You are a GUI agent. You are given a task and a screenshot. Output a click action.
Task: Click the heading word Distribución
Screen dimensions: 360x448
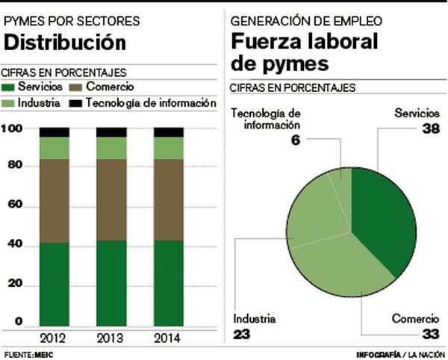tap(63, 43)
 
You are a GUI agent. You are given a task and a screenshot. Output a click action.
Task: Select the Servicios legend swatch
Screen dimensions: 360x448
tap(10, 88)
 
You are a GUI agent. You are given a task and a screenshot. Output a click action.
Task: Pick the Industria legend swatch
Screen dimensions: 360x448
tap(10, 102)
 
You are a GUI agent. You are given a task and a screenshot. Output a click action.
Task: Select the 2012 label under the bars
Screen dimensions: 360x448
tap(54, 337)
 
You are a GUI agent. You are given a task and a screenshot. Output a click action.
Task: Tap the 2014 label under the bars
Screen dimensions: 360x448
tap(168, 337)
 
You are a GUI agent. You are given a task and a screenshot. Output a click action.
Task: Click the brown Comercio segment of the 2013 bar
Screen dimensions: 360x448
tap(111, 199)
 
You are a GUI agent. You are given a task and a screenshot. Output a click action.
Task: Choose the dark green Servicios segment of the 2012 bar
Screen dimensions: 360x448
tap(54, 284)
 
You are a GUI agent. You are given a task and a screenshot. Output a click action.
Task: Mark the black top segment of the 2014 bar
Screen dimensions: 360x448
tap(168, 132)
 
